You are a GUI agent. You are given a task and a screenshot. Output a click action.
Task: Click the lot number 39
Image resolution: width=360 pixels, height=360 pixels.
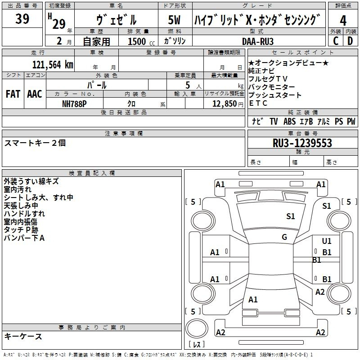tap(22, 19)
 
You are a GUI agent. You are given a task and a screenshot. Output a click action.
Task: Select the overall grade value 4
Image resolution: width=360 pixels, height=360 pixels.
tap(343, 21)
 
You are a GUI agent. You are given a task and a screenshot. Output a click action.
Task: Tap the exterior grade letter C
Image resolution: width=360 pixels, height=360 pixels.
tap(336, 41)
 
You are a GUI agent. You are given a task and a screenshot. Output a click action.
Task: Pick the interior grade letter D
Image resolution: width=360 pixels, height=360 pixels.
tap(350, 41)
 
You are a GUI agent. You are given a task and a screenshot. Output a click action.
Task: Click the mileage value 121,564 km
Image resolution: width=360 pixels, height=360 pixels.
tap(53, 65)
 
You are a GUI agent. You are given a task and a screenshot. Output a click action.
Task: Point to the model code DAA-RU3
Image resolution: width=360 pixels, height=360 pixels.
tap(258, 41)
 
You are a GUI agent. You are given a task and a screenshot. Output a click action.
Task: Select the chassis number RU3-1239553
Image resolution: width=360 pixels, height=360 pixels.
tap(302, 143)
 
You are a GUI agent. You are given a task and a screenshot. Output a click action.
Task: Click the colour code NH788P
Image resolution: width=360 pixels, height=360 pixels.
tap(74, 104)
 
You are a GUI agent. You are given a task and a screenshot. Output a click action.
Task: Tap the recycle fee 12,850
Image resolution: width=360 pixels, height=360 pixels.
tap(225, 104)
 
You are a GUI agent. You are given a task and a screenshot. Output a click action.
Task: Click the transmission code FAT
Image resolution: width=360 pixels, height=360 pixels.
tap(13, 94)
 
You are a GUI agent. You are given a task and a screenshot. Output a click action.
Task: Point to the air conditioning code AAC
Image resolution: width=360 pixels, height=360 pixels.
tap(35, 94)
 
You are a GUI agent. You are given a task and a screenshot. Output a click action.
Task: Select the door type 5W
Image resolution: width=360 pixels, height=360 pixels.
tap(174, 20)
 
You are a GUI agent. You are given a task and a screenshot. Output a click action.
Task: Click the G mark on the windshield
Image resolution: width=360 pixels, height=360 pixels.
tap(284, 237)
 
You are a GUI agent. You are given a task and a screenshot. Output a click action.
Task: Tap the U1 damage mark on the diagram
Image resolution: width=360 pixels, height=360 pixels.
tap(327, 241)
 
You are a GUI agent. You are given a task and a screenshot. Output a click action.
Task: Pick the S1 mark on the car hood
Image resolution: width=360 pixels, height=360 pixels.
tap(290, 216)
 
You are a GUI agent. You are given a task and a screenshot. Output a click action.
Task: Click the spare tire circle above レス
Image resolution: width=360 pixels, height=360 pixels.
tap(197, 328)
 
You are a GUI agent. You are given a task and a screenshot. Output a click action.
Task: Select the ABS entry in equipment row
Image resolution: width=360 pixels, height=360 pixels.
tap(289, 121)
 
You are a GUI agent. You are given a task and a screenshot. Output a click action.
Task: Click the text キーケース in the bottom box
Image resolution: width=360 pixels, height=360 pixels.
tap(23, 336)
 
